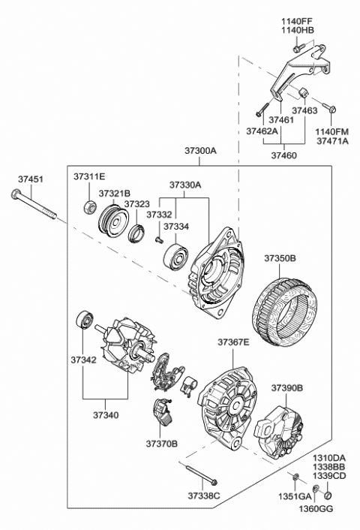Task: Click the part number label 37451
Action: (x=31, y=179)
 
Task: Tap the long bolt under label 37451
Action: (x=34, y=204)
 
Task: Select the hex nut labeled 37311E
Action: (x=90, y=207)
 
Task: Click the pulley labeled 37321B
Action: (x=113, y=221)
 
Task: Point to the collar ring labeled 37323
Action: (x=136, y=233)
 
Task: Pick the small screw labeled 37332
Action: (x=159, y=239)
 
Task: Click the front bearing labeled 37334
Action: (x=175, y=256)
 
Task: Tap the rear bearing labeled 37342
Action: (x=84, y=320)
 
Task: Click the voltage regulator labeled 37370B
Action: (x=163, y=413)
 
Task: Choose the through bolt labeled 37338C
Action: (x=201, y=475)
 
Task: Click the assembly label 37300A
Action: (x=200, y=151)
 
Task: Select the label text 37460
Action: (x=284, y=155)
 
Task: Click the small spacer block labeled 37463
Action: (x=302, y=92)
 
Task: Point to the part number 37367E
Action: (x=233, y=342)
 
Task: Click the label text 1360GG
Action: (x=316, y=508)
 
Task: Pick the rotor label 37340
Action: (x=106, y=415)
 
